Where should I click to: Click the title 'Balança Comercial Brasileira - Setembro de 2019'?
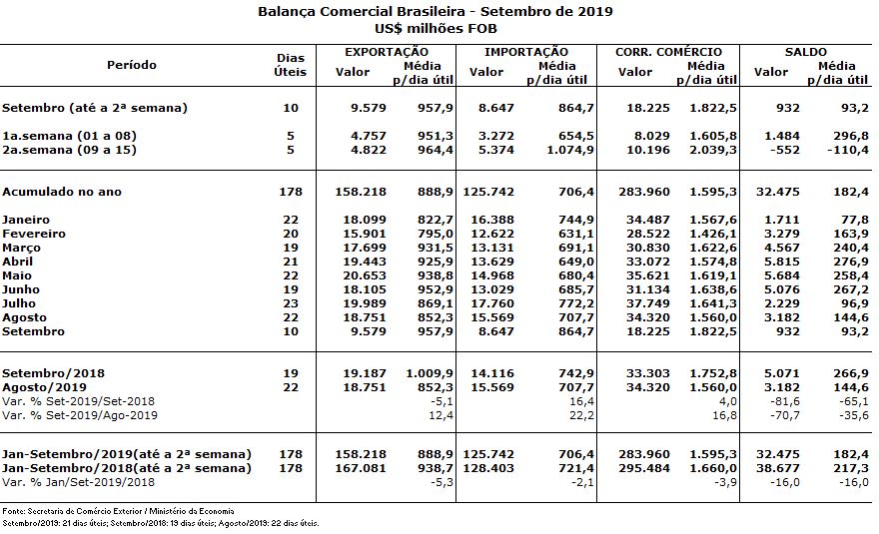436,12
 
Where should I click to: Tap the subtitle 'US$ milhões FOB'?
436,29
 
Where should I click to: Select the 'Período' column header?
132,65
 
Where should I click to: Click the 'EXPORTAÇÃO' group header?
387,52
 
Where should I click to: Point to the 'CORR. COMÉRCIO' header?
669,52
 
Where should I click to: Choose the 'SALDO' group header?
805,52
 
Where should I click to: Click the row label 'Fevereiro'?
34,234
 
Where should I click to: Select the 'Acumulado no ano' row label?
62,192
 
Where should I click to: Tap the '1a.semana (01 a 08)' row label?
69,136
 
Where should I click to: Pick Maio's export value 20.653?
365,275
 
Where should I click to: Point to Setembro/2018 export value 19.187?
365,373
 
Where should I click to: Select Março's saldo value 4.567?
782,248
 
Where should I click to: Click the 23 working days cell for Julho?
291,303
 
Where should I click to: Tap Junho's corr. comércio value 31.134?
648,289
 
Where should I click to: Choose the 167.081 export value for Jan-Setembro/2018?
361,468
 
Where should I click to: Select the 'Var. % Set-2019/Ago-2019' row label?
80,416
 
